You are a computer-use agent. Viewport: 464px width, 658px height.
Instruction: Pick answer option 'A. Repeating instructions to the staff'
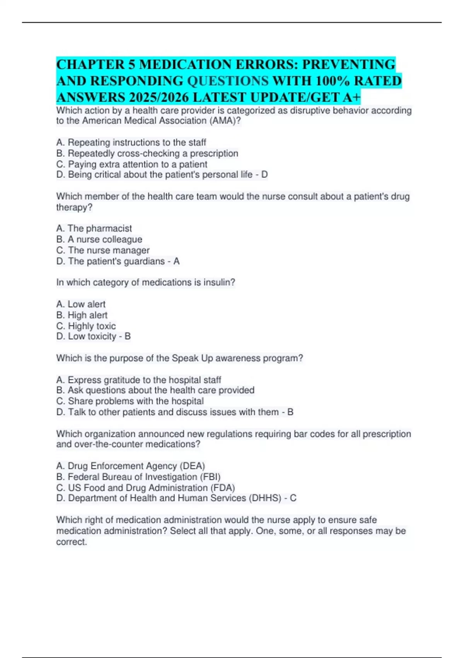(131, 142)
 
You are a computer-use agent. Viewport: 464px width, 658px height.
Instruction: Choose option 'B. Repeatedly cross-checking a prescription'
(147, 153)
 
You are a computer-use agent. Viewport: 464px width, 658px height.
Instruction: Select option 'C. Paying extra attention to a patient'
(131, 164)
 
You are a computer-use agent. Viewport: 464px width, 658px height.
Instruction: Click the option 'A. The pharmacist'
(94, 228)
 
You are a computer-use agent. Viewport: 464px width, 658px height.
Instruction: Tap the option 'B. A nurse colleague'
(99, 239)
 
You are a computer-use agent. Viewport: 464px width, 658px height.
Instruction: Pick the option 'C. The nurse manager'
(102, 250)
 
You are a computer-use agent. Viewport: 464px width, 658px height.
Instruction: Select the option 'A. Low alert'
(81, 304)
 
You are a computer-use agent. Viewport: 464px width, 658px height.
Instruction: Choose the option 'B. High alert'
(82, 315)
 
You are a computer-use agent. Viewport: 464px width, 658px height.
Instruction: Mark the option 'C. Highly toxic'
(86, 326)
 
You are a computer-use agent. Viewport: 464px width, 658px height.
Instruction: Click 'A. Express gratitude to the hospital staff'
(138, 380)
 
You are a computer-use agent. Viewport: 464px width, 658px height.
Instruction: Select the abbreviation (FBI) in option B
(208, 477)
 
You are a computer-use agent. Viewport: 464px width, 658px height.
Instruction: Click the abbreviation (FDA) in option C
(223, 488)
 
